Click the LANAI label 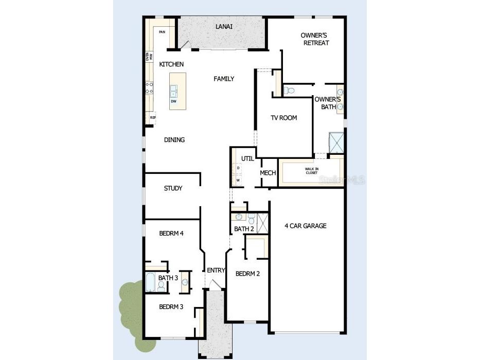pos(222,26)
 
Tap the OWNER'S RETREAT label pos(314,39)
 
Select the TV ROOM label pos(284,118)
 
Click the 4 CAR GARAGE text pos(306,226)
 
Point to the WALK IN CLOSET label pos(312,171)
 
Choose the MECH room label pos(268,173)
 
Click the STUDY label pos(173,188)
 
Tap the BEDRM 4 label pos(171,233)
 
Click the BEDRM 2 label pos(247,274)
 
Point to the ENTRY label pos(216,271)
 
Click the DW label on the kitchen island pos(174,101)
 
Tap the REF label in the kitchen pos(152,118)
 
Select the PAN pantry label pos(162,32)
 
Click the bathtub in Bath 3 pos(150,282)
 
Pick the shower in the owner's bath pos(336,142)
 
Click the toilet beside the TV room pos(290,91)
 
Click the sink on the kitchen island pos(174,92)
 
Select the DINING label pos(174,140)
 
